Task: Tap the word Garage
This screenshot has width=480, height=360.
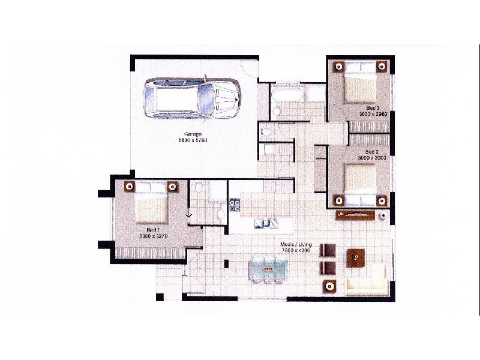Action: pyautogui.click(x=192, y=134)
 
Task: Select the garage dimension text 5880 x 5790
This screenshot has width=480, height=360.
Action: pyautogui.click(x=192, y=140)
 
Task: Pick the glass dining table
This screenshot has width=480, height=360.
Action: pyautogui.click(x=268, y=268)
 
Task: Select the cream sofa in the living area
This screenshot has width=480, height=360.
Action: pyautogui.click(x=367, y=281)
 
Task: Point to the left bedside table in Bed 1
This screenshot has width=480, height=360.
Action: pyautogui.click(x=128, y=186)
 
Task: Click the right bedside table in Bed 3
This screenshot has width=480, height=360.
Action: pyautogui.click(x=383, y=66)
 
